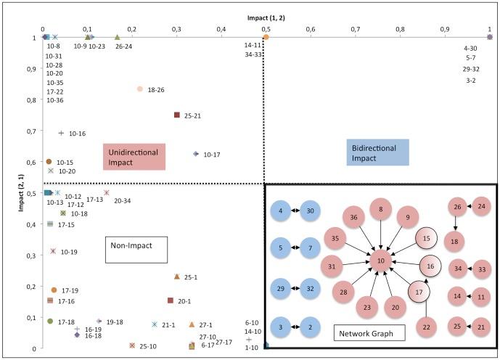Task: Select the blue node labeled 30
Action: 311,211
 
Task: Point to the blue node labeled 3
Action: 280,327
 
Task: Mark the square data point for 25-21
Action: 176,115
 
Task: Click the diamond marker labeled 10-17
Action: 195,154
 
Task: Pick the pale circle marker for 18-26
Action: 140,89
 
